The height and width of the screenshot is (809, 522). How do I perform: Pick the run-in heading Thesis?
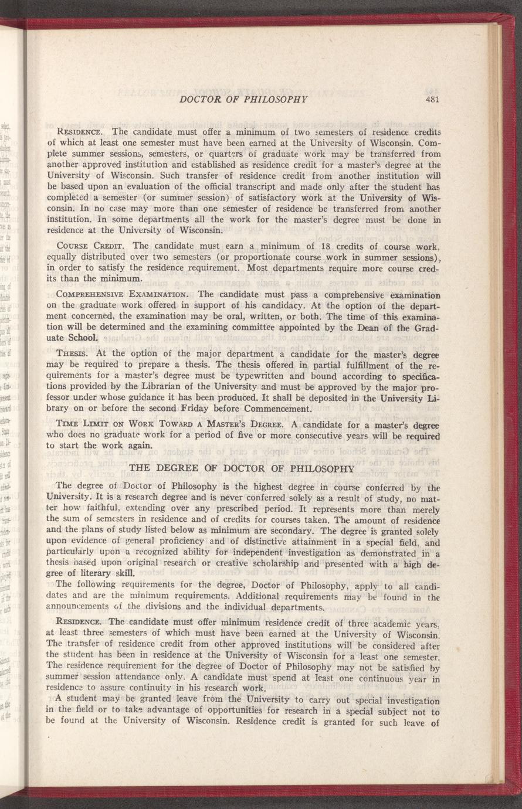[71, 353]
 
